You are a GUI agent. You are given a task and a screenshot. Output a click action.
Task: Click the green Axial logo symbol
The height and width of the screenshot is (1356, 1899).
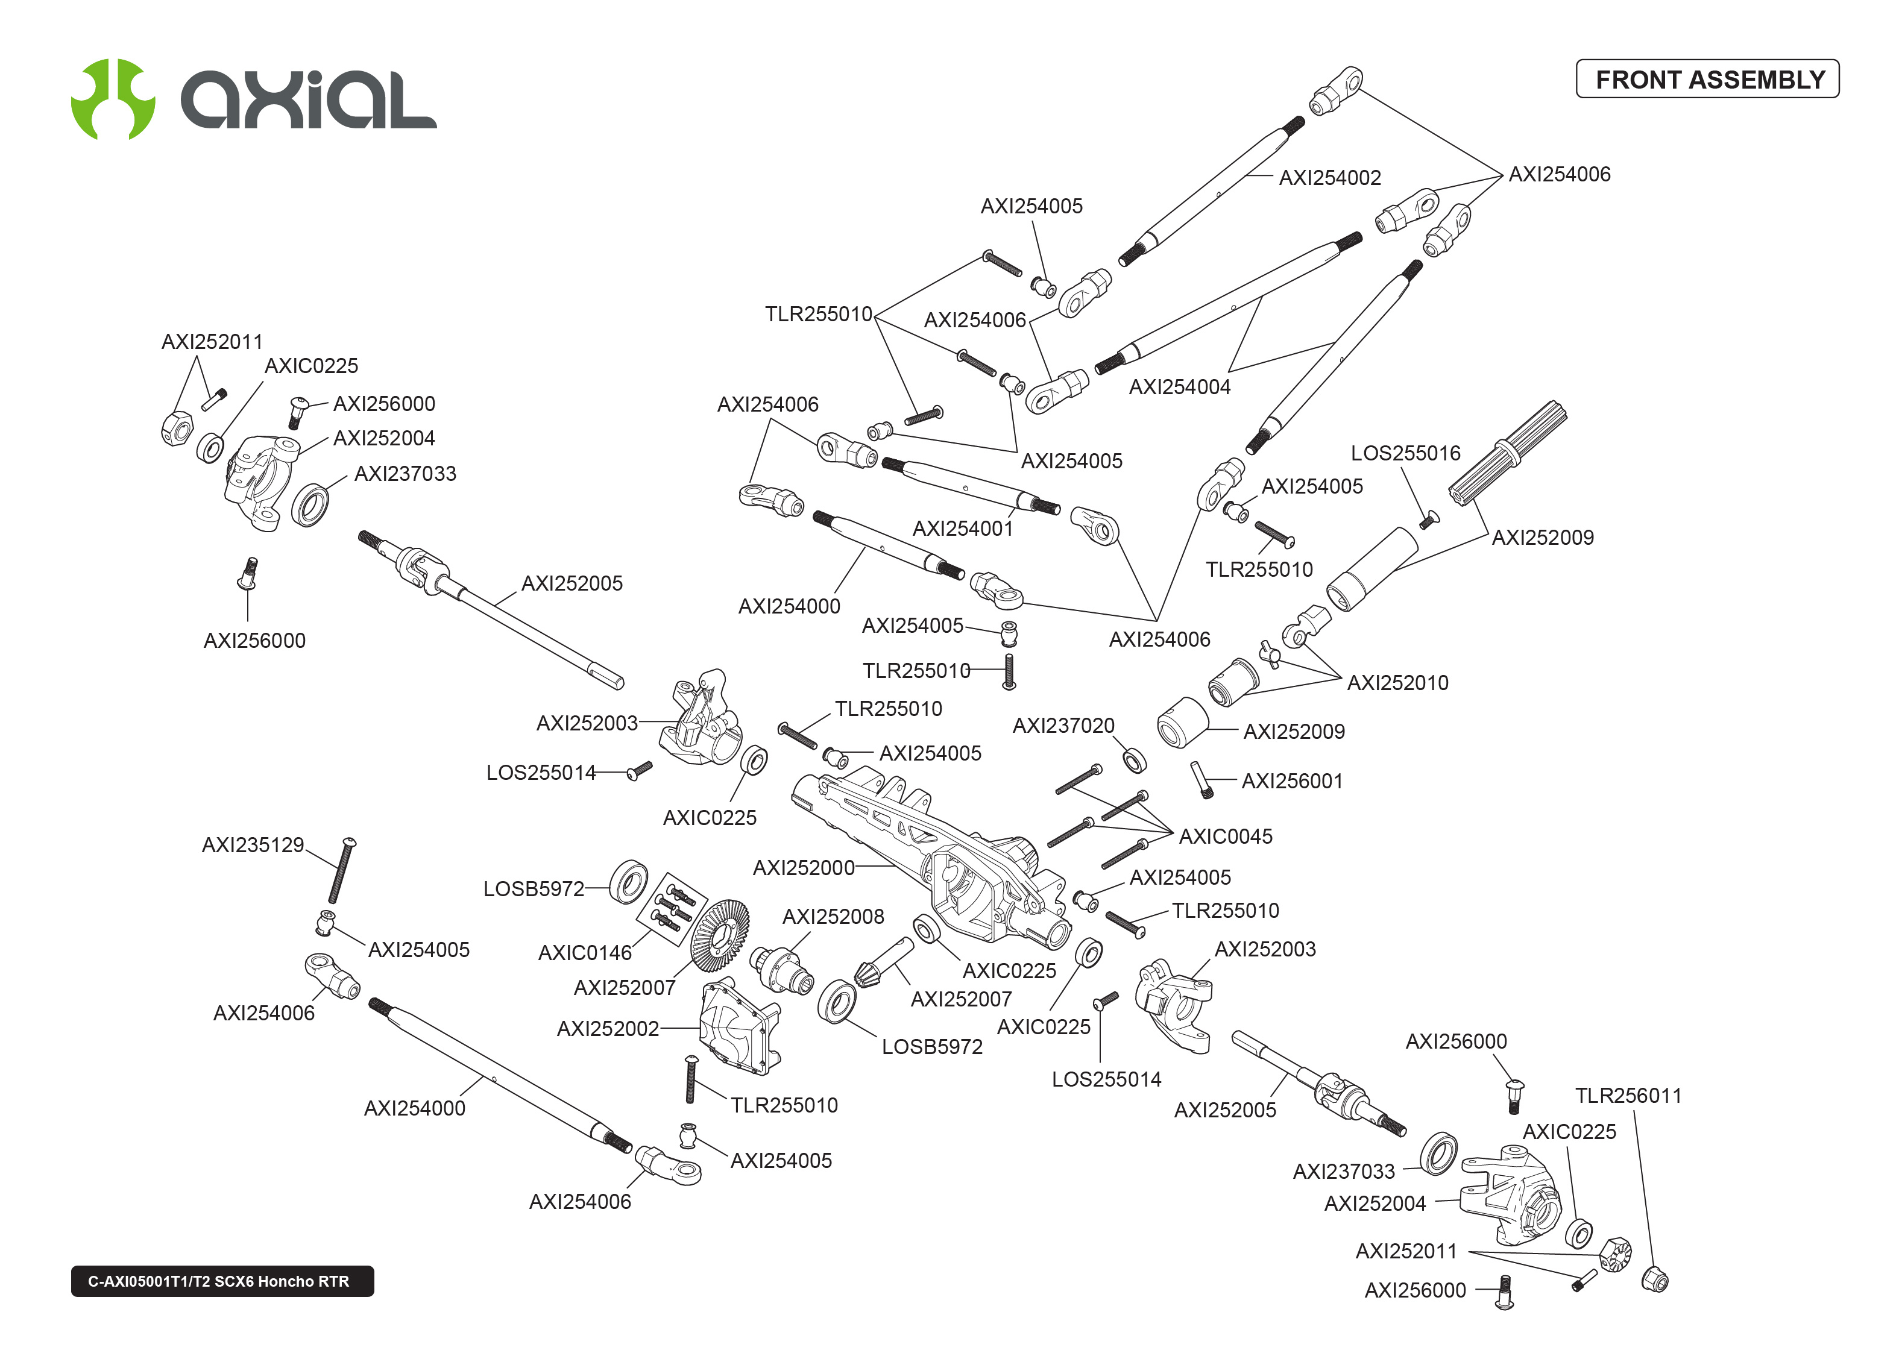tap(113, 98)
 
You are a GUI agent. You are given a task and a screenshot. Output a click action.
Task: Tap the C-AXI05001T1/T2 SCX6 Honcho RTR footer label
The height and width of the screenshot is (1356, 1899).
tap(222, 1281)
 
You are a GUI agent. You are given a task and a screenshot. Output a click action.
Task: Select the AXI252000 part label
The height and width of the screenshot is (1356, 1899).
tap(804, 868)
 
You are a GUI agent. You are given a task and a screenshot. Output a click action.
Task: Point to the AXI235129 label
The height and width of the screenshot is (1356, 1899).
tap(253, 845)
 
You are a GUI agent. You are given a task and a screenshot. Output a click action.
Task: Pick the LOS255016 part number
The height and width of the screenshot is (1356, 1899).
tap(1405, 453)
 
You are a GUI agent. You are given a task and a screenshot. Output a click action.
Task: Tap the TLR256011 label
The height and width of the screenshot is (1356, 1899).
tap(1628, 1096)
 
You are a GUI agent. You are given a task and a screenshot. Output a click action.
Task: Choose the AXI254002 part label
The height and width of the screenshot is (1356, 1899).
tap(1329, 178)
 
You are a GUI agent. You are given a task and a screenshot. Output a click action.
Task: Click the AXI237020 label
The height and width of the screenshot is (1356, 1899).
tap(1063, 726)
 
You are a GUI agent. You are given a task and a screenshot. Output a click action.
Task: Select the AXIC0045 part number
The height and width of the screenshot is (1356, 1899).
tap(1225, 837)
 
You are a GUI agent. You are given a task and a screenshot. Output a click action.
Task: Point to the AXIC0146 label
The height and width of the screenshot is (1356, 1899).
tap(585, 953)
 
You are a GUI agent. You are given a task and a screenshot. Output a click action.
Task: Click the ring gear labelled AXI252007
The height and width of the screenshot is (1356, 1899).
tap(719, 935)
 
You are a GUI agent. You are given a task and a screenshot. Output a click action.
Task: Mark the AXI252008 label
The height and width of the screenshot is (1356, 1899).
tap(833, 917)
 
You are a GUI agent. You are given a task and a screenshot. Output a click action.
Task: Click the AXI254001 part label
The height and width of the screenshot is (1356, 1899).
tap(962, 529)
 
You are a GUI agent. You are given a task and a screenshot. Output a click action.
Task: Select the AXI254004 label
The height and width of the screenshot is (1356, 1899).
tap(1179, 386)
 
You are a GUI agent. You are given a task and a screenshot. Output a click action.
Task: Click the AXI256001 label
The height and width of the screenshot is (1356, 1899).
tap(1292, 780)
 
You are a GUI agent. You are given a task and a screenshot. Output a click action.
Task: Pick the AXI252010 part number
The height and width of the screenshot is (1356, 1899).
tap(1397, 683)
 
